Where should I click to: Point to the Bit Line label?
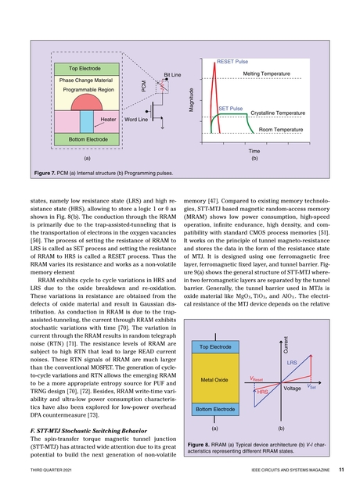(172, 73)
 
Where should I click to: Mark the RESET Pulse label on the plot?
(232, 59)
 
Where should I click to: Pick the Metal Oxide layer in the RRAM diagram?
(214, 380)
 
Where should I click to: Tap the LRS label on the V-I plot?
(291, 364)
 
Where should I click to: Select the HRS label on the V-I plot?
(263, 390)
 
